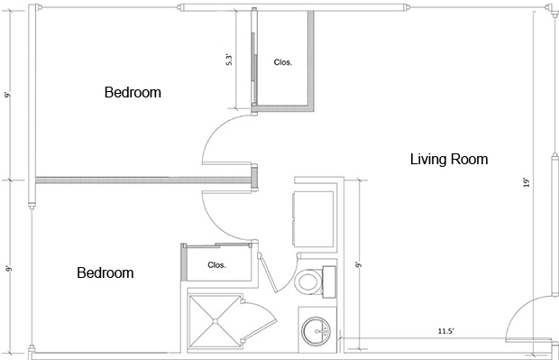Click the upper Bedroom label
133,92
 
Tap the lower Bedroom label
105,273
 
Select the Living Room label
449,159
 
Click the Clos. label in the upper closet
283,62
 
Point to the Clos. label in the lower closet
216,265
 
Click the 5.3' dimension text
229,60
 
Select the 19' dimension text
527,182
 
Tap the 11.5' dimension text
445,331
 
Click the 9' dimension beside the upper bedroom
8,95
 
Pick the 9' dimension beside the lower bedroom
8,268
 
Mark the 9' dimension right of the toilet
358,264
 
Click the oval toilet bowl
308,282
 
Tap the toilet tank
329,282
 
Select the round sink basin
316,331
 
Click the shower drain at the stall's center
215,321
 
